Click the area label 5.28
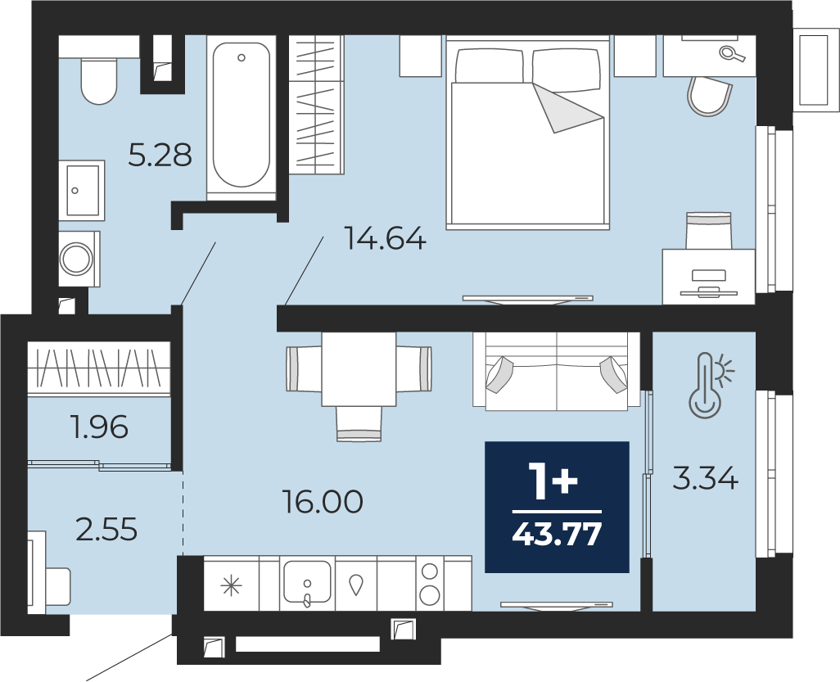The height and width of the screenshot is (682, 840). (160, 156)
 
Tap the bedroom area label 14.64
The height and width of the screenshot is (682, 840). (385, 238)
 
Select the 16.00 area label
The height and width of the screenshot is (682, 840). (323, 502)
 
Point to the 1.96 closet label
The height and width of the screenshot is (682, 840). (99, 427)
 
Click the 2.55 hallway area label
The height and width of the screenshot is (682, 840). (107, 530)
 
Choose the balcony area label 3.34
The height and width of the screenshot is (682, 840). (705, 478)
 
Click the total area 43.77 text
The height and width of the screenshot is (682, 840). (558, 534)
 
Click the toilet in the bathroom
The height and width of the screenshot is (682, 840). (98, 81)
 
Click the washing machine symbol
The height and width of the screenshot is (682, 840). (79, 260)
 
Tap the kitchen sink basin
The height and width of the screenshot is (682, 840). (307, 582)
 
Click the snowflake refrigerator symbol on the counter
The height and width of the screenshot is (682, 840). (232, 585)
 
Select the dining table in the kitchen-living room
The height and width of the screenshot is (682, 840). (359, 369)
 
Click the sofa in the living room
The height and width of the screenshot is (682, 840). (556, 371)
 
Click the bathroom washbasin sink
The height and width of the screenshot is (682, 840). (82, 189)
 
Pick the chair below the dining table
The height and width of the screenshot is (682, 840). (359, 424)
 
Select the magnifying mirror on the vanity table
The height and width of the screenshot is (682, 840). (732, 53)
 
